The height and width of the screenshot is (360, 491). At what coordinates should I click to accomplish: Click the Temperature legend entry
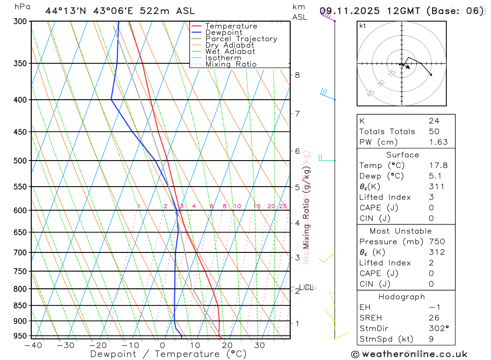point(231,26)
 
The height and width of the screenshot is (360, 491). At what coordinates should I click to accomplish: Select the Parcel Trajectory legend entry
point(241,39)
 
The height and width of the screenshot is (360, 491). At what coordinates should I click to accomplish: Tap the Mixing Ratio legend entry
point(231,64)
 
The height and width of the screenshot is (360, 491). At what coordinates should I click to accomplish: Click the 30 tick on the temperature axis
point(260,345)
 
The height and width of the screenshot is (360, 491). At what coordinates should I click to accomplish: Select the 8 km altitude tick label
point(297,75)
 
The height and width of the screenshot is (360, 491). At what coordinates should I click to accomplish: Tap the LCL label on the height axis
point(306,287)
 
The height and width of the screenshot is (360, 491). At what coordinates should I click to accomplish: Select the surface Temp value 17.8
point(438,166)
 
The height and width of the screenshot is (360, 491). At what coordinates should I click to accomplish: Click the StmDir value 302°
point(438,329)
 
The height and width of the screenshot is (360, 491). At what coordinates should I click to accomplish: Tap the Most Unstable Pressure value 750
point(436,242)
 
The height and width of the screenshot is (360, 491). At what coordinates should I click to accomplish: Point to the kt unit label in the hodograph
point(363,26)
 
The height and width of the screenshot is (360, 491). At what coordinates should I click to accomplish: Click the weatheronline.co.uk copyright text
point(409,354)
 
